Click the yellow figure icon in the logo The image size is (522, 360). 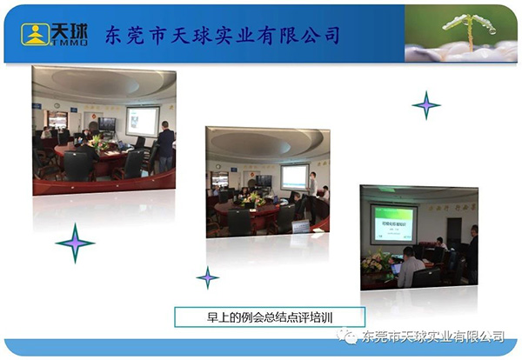coord(36,34)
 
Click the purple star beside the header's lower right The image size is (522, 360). coord(426,105)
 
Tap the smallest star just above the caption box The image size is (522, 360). coord(207,278)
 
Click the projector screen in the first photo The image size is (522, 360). coord(142,120)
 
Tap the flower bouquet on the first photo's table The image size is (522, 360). coord(96,142)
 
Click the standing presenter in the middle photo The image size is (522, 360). coord(311,185)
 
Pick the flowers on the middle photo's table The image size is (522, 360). coord(256,199)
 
